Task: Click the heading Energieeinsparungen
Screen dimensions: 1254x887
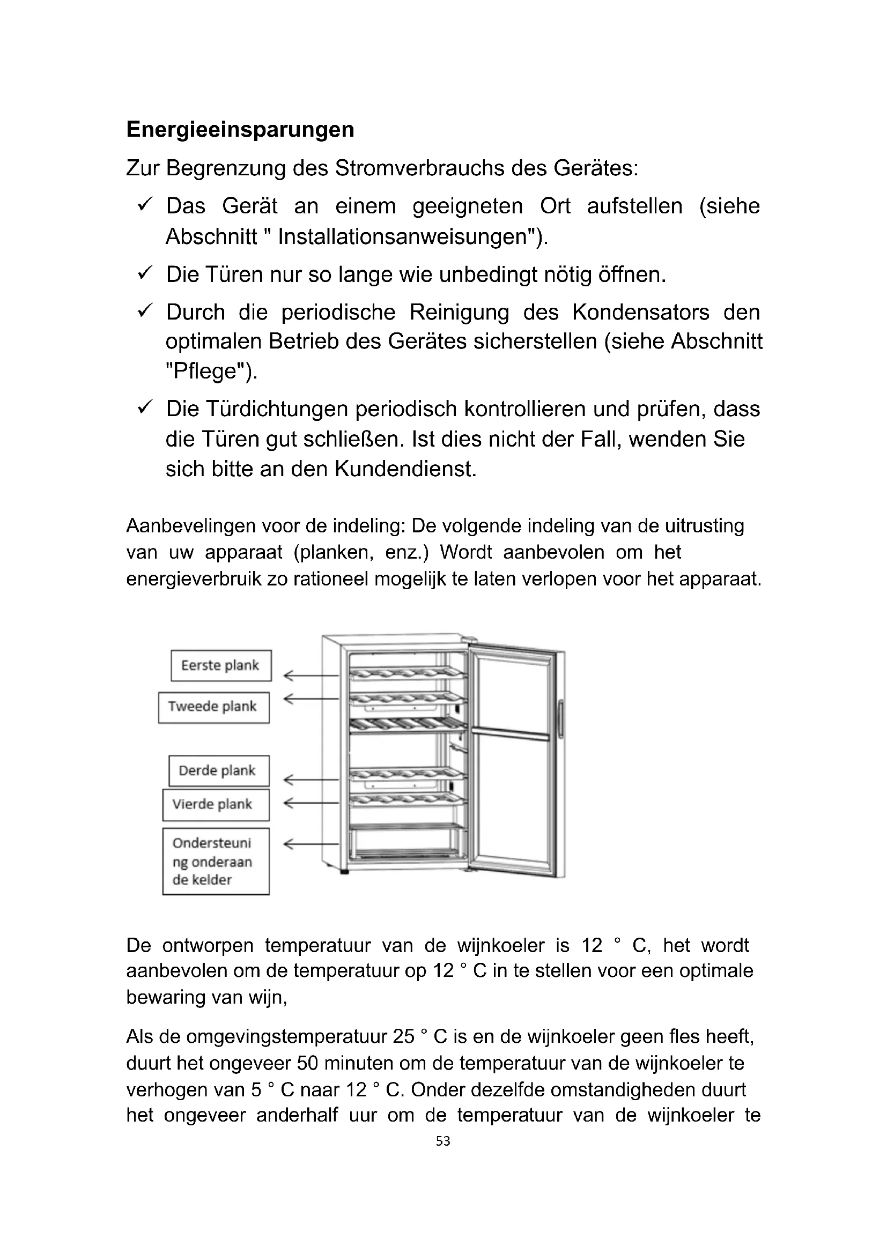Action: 240,129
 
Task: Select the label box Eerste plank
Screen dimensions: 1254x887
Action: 220,665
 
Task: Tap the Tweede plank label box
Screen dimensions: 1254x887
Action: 213,707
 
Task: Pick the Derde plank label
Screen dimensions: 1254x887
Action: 218,770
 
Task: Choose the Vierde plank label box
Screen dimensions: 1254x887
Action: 216,805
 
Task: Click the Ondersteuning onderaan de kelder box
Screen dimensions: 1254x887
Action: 216,862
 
